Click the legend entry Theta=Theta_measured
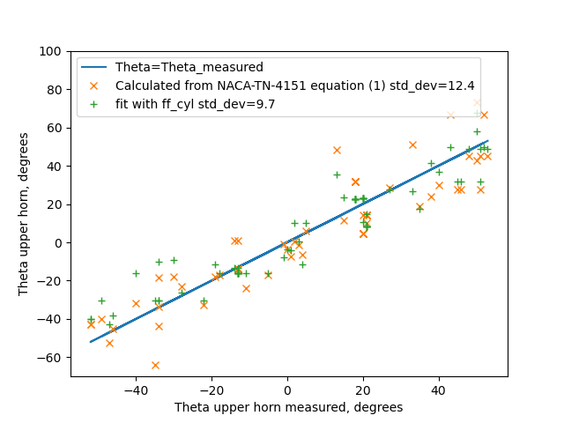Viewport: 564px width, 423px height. point(189,67)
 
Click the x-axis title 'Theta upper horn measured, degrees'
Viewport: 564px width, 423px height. point(288,407)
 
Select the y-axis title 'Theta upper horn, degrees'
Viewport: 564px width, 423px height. point(24,213)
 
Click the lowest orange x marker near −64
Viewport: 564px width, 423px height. point(155,365)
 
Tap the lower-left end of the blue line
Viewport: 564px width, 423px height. point(91,342)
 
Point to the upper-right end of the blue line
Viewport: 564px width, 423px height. point(487,141)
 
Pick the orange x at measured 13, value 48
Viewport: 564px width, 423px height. point(337,151)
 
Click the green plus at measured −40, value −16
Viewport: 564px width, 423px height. point(136,273)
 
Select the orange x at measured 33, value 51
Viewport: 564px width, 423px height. point(412,145)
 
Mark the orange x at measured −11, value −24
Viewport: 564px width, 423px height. point(246,288)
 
